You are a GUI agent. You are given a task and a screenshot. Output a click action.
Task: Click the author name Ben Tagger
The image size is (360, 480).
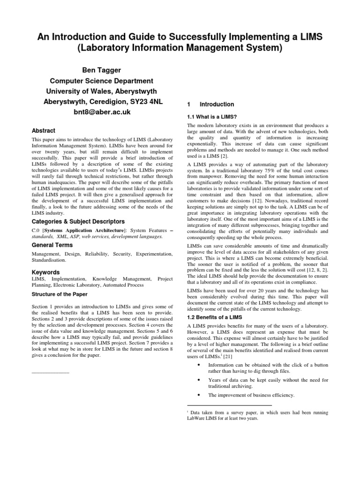tap(102, 70)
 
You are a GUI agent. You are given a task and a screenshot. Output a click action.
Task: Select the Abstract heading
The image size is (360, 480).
tap(43, 131)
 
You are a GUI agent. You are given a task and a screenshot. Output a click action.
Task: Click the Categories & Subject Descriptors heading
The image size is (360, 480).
tap(78, 221)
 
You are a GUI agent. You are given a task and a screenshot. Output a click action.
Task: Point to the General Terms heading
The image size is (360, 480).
tap(52, 245)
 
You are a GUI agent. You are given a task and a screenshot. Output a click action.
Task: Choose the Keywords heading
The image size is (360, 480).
tap(45, 272)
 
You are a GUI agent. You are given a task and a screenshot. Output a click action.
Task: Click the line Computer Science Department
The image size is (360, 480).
tap(102, 81)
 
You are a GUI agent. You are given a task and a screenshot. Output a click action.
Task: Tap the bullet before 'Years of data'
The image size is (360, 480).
tap(200, 380)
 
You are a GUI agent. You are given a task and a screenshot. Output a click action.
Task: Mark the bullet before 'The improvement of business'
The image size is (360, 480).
tap(200, 395)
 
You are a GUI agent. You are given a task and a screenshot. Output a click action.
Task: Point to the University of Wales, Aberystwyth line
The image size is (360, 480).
tap(102, 91)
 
